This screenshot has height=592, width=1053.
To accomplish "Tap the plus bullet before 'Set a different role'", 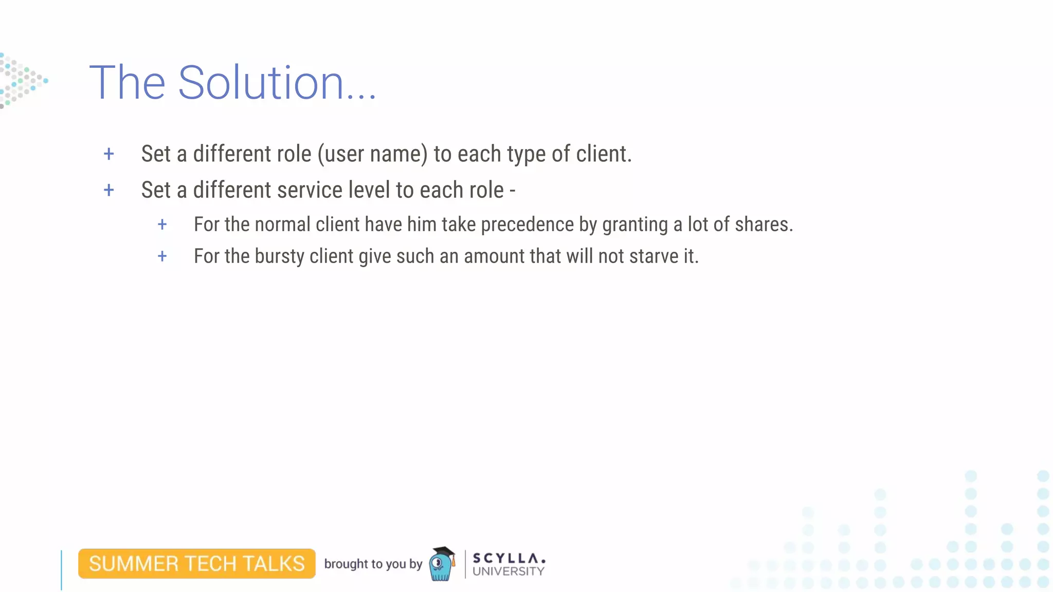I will [x=108, y=154].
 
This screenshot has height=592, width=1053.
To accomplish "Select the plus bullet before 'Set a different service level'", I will [x=108, y=191].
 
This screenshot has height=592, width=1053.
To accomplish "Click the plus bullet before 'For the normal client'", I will [x=162, y=225].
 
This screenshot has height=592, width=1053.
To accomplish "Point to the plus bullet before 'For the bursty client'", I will [x=162, y=256].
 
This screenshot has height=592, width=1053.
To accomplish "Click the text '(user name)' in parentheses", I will [x=372, y=154].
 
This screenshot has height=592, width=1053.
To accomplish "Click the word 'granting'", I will [x=635, y=225].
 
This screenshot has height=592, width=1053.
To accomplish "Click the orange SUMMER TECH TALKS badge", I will [x=197, y=564].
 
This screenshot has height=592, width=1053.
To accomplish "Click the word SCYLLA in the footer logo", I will [x=508, y=558].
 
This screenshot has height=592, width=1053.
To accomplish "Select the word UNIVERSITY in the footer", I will [x=508, y=571].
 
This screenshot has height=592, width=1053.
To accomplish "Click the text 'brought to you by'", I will [x=373, y=564].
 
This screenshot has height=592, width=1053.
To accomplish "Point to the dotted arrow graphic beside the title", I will [x=22, y=81].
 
